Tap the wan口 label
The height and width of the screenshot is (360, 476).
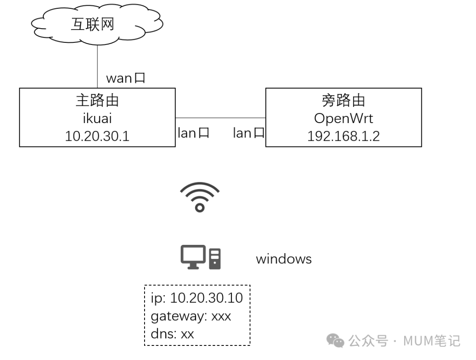click(126, 79)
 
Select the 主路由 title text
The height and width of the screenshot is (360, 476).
click(97, 101)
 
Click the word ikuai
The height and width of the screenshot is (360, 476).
click(97, 118)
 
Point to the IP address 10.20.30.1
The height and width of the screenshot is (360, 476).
click(97, 136)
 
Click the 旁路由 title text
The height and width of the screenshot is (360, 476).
click(343, 101)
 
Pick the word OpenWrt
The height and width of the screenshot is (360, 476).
click(343, 118)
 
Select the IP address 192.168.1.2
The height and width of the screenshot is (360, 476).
click(343, 136)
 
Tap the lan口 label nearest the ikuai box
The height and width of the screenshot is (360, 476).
click(193, 133)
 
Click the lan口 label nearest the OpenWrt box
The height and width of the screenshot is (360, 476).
click(249, 133)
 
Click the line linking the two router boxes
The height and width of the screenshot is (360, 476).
click(220, 118)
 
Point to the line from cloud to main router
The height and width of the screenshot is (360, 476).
click(97, 66)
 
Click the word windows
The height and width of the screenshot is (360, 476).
click(283, 259)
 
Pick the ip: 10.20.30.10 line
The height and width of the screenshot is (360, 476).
click(197, 298)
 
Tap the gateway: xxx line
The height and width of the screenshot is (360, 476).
click(190, 316)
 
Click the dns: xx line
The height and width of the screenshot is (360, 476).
click(172, 334)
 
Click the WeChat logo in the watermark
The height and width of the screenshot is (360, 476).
click(335, 341)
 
